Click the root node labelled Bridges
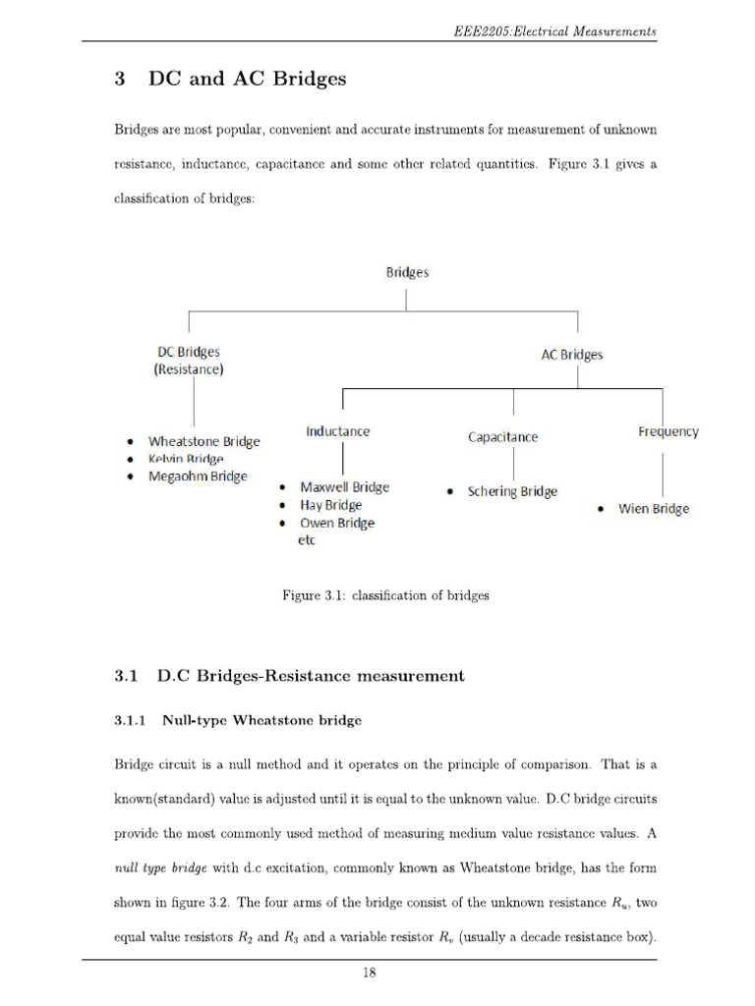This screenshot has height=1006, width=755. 406,273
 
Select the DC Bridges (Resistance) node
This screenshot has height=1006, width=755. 189,361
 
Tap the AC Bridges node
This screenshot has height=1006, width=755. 572,355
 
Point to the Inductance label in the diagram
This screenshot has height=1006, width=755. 337,431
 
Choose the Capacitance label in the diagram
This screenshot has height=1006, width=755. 502,437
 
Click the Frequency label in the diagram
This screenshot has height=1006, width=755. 668,431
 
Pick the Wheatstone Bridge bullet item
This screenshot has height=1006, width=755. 203,441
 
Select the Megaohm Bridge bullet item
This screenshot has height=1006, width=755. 198,476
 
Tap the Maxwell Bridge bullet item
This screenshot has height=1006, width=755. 344,487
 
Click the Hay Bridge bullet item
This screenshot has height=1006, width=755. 330,505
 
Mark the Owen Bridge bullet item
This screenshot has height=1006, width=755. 336,523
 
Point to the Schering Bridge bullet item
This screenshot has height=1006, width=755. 511,491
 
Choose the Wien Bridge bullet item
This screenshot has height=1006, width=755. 653,509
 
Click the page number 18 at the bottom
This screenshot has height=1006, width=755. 370,974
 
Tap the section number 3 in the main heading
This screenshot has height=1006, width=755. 119,80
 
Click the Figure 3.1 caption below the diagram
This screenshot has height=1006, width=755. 385,595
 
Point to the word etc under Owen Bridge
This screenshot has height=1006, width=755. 306,540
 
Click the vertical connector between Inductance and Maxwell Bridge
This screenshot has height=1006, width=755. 340,458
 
